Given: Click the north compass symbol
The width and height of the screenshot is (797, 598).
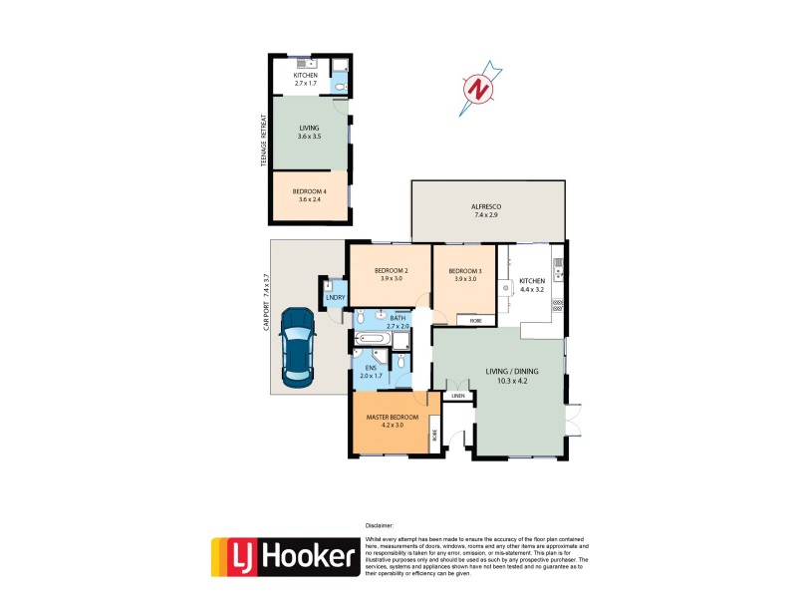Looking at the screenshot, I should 480,90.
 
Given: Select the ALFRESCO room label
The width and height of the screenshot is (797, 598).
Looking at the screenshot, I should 486,207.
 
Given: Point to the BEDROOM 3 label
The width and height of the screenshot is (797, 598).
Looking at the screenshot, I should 464,271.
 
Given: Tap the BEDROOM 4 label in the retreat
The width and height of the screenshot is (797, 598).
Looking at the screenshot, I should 308,191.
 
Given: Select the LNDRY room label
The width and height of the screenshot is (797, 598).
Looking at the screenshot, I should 333,298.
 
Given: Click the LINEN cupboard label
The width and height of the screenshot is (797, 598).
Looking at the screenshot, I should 457,396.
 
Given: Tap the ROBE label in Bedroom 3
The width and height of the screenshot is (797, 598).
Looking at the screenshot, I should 475,321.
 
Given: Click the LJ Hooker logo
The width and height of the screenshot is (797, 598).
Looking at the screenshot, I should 284,557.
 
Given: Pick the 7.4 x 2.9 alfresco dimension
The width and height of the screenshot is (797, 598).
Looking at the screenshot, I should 486,217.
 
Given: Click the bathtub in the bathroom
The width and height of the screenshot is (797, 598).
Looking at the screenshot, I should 372,339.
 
